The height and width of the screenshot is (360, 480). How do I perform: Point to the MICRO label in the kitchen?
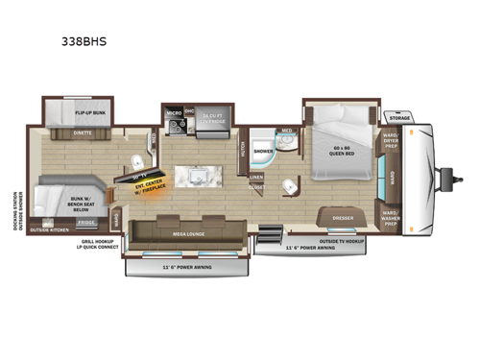click(x=174, y=113)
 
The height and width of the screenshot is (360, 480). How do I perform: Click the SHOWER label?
click(x=263, y=152)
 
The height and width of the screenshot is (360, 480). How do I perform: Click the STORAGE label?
click(x=399, y=118)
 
